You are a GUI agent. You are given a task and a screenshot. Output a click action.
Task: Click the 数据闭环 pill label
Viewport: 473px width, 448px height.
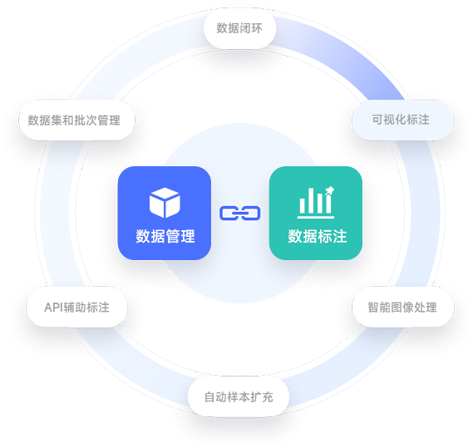[239, 28]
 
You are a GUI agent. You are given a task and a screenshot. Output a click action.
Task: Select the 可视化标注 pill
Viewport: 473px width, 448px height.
[402, 120]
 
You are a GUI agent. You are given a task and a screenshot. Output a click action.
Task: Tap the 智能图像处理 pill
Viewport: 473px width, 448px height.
[402, 307]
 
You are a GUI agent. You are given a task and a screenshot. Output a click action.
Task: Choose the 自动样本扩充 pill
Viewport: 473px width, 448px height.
[239, 396]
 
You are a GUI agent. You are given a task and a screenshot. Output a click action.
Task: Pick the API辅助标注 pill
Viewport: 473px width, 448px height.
[76, 307]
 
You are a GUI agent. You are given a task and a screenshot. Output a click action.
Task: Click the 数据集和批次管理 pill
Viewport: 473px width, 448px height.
[76, 120]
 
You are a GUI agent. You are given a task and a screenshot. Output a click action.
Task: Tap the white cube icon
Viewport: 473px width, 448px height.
[165, 203]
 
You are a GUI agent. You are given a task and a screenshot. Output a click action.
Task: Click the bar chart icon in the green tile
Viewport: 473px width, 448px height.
[316, 202]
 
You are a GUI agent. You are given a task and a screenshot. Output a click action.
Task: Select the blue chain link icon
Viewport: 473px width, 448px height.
[239, 214]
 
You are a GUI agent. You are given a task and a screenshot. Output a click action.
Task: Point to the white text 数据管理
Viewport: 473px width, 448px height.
[165, 236]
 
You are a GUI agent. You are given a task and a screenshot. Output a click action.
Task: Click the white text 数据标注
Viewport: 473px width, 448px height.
[317, 236]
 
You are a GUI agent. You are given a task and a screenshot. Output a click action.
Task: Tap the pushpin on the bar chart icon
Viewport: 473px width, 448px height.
[329, 190]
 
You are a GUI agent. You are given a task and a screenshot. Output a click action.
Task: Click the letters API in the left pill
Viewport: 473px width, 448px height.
[53, 308]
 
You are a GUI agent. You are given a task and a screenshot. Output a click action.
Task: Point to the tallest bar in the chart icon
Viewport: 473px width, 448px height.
[311, 200]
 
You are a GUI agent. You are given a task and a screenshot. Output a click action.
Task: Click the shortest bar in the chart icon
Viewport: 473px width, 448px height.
[303, 206]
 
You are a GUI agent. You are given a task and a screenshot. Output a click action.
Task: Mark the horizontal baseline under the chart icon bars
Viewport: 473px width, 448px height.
[316, 217]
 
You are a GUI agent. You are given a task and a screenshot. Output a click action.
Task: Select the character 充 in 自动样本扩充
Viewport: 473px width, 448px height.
[268, 397]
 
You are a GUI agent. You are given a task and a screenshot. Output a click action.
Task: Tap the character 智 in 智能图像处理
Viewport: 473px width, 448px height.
[373, 308]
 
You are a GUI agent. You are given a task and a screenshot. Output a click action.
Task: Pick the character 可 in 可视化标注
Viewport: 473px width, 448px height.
[377, 120]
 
